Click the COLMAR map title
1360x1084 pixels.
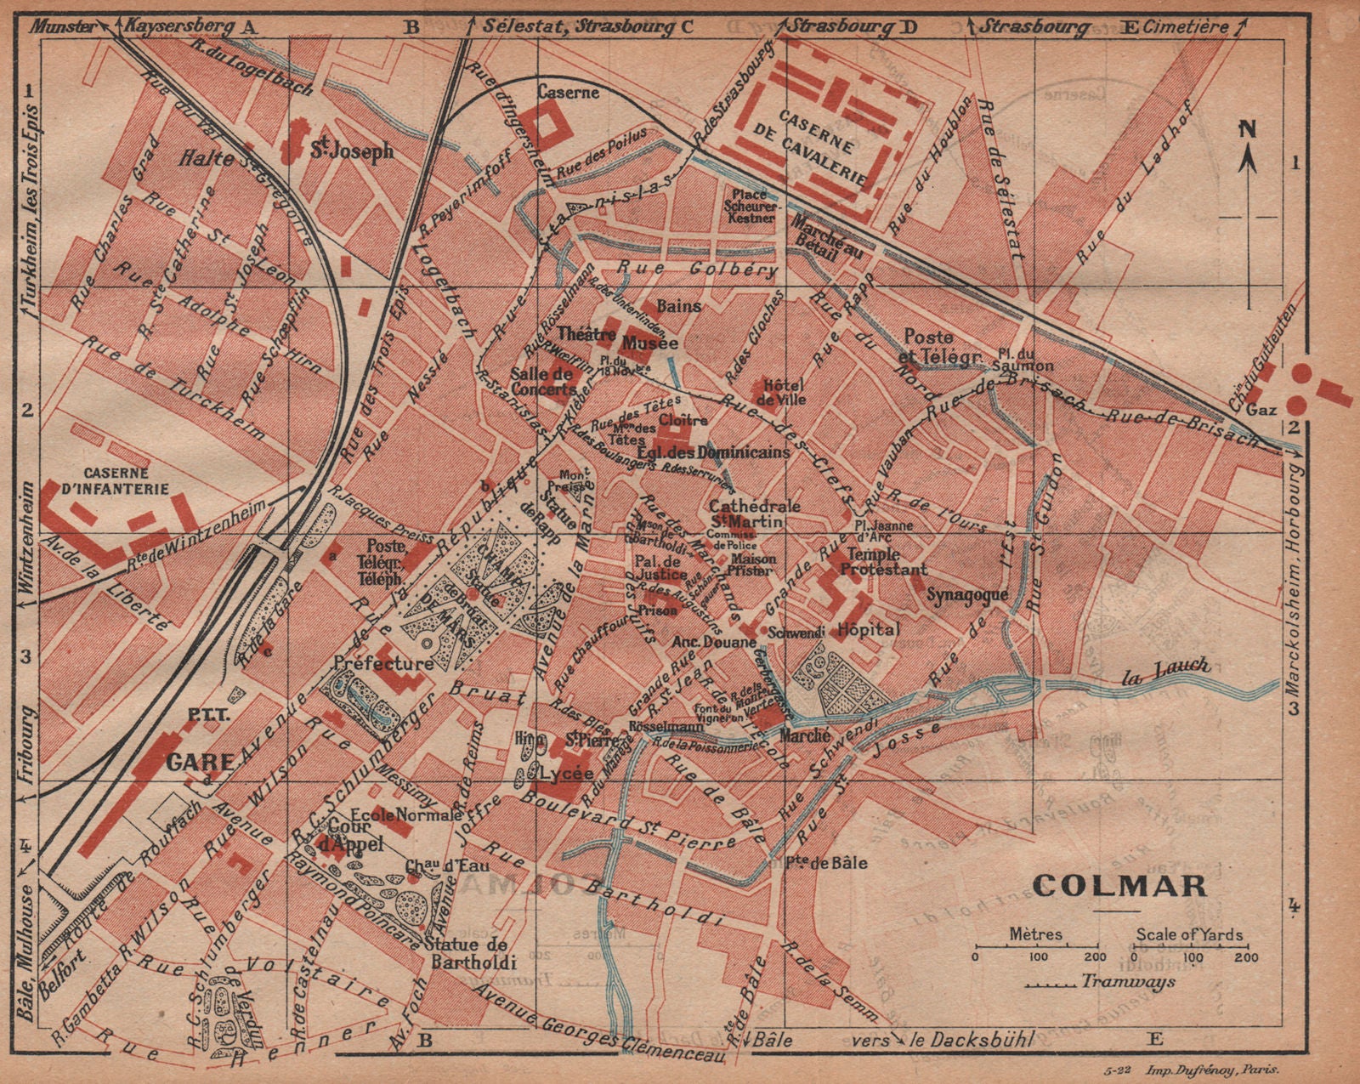[x=1119, y=885]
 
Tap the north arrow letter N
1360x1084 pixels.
[x=1246, y=129]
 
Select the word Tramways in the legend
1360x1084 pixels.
[x=1128, y=981]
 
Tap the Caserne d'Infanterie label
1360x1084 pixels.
[x=127, y=480]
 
